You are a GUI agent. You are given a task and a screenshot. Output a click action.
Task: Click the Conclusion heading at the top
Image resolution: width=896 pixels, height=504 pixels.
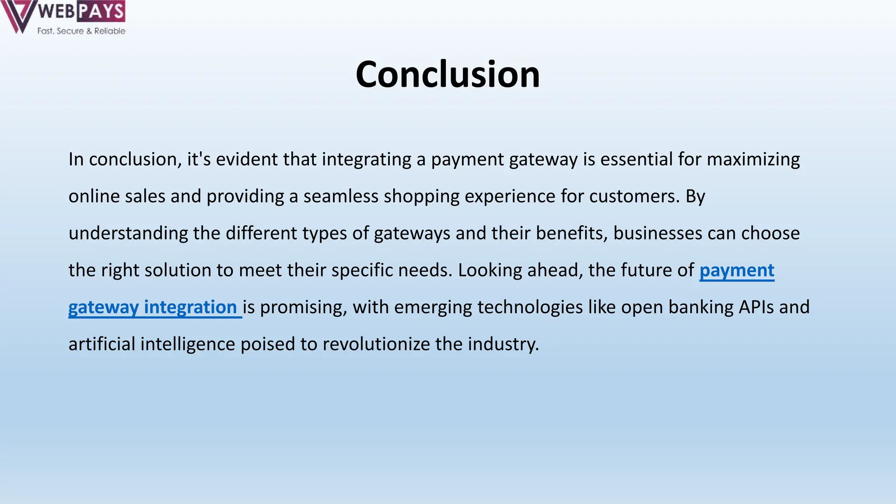click(448, 74)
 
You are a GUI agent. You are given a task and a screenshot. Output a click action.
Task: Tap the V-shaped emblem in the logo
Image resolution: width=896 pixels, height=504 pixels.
click(17, 17)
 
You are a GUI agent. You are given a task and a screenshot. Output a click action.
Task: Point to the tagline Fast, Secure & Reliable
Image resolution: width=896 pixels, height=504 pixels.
click(81, 31)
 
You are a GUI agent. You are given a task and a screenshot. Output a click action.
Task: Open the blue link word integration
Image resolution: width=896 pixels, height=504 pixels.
click(190, 307)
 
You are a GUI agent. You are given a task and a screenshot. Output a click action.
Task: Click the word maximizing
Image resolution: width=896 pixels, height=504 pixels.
click(753, 159)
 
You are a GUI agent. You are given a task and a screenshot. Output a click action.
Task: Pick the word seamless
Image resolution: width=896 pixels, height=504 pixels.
click(341, 196)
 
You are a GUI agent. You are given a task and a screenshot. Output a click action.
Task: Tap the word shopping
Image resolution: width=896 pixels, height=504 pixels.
click(421, 196)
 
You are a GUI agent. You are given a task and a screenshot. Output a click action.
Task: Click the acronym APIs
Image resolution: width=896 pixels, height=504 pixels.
click(756, 307)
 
